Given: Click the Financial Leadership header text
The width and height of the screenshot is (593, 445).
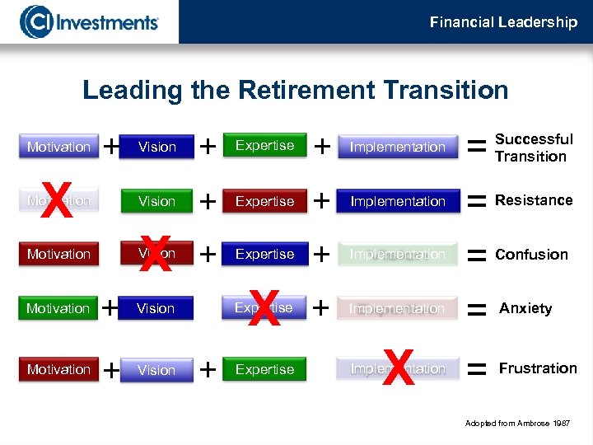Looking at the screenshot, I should coord(503,22).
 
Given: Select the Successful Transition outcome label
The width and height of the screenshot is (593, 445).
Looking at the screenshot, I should coord(533,148).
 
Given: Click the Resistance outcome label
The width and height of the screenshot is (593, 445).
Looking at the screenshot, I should coord(534,200).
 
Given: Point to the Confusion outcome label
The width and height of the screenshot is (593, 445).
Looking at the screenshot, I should coord(531,255).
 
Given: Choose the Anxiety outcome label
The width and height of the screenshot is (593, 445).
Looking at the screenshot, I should coord(525,308).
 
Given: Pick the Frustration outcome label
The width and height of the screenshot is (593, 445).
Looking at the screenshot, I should coord(537,368).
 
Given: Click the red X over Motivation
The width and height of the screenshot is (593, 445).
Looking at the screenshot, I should coord(56,201).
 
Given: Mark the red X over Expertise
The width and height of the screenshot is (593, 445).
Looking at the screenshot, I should coord(264,307).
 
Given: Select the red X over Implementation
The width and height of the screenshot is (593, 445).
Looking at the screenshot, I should coord(398,368).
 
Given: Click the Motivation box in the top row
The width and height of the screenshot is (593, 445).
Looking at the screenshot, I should coord(58,147).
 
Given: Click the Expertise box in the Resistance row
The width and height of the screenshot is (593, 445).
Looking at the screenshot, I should coord(264,201).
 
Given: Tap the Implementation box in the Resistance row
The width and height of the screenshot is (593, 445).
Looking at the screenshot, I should coord(398,201).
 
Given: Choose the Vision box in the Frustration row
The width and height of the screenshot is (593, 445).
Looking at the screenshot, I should coord(156,370).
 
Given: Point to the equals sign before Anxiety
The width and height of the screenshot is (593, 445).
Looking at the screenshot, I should coord(475,309).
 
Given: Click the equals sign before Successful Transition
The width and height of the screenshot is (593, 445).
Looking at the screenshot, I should coord(475,147).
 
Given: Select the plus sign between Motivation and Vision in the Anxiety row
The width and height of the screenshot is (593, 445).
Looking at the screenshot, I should coord(110,308).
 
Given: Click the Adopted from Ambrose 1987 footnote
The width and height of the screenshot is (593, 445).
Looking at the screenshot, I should coord(516,423).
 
